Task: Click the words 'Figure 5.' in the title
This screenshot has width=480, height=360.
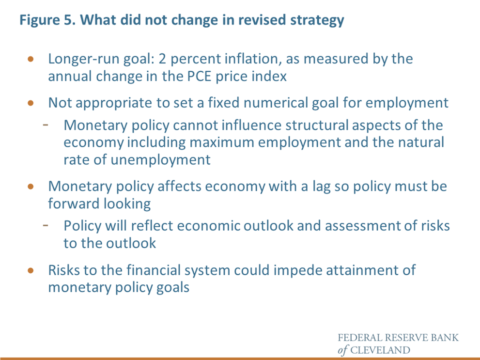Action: coord(47,20)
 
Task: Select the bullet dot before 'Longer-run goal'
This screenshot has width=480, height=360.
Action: coord(31,59)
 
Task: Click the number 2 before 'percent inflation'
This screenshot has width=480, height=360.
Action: coord(162,59)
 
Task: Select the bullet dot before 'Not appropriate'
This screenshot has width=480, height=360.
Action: coord(31,103)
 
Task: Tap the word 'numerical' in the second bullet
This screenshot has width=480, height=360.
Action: coord(276,103)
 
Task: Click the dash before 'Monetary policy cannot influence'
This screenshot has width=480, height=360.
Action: coord(46,125)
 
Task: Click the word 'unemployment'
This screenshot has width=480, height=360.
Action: coord(160,160)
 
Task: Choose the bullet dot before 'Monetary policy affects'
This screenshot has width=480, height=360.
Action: coord(31,187)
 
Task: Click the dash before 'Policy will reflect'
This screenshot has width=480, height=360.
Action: coord(46,225)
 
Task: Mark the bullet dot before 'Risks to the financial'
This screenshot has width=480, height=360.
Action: coord(31,270)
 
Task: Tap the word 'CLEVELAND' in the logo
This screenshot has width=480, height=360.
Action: coord(380,350)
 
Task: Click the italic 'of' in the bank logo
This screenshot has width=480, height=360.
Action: coord(343,350)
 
